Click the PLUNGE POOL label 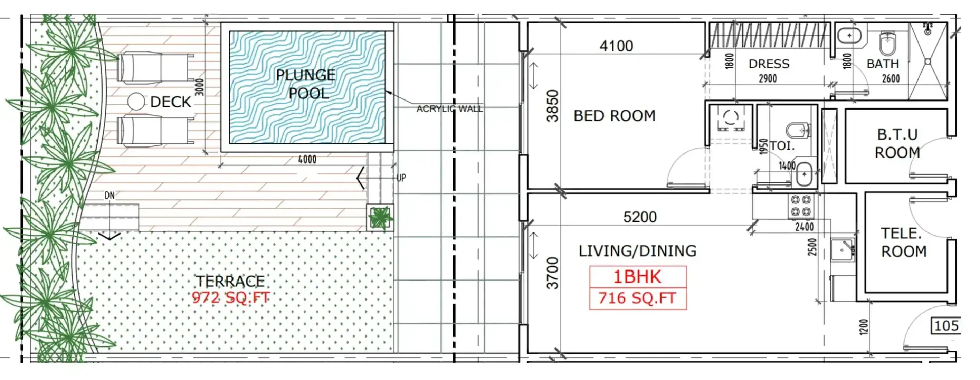[306, 84]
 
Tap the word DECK [170, 102]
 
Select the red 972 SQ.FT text [231, 297]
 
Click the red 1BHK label [638, 277]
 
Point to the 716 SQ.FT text [638, 298]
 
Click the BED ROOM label [615, 116]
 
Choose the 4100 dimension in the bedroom [616, 46]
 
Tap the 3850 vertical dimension [552, 106]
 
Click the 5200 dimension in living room [640, 217]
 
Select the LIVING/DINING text [638, 251]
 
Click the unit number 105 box [946, 326]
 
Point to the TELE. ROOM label [904, 242]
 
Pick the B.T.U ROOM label [897, 143]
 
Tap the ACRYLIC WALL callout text [449, 109]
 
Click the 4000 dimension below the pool [307, 159]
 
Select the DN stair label [110, 196]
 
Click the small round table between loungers [136, 102]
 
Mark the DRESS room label [769, 64]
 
